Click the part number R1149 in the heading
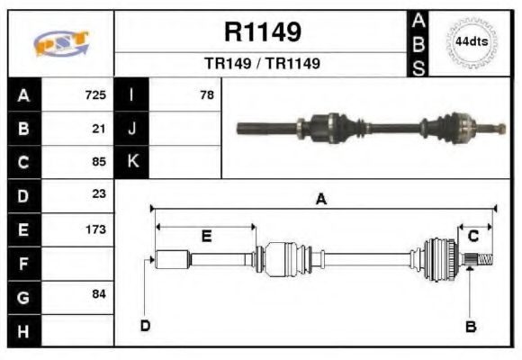click(262, 33)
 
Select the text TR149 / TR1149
click(262, 64)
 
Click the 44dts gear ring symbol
click(472, 42)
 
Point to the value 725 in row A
click(95, 94)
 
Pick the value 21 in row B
click(99, 128)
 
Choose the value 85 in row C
click(99, 162)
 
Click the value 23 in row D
click(99, 194)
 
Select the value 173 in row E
click(95, 229)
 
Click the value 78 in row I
click(206, 94)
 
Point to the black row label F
click(23, 263)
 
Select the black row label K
click(131, 162)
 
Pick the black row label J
click(131, 128)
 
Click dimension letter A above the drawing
click(320, 201)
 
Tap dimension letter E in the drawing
click(206, 237)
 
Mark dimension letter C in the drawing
click(472, 236)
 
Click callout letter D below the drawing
click(145, 325)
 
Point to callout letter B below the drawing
click(470, 326)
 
